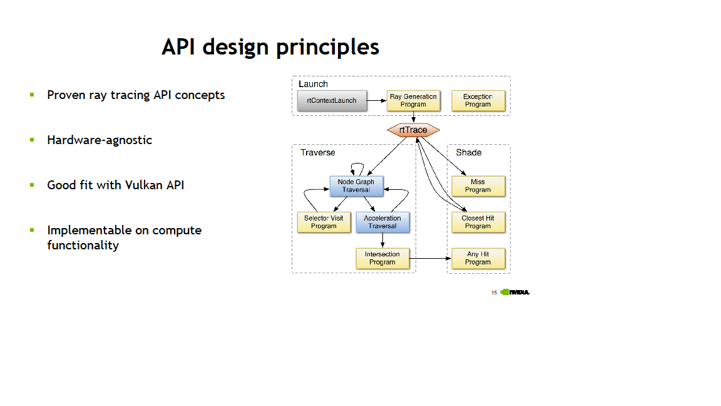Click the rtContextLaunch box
click(x=332, y=100)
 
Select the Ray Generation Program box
click(x=413, y=100)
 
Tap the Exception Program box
click(x=478, y=100)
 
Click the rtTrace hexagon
click(x=413, y=130)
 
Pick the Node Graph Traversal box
click(x=356, y=186)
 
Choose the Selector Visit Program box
click(x=324, y=222)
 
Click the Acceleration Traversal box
click(x=382, y=222)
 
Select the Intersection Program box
click(x=382, y=258)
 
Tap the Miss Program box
click(x=478, y=186)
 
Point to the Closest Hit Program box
click(x=478, y=222)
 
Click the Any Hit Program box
click(x=478, y=258)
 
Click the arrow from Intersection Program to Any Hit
click(x=431, y=258)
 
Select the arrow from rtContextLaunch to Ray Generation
click(x=377, y=100)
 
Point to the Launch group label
click(x=313, y=84)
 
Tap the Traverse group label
click(x=318, y=152)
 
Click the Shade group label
click(x=469, y=152)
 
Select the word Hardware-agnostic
click(x=100, y=140)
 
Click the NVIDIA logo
click(x=514, y=292)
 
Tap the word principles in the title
click(x=327, y=48)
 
